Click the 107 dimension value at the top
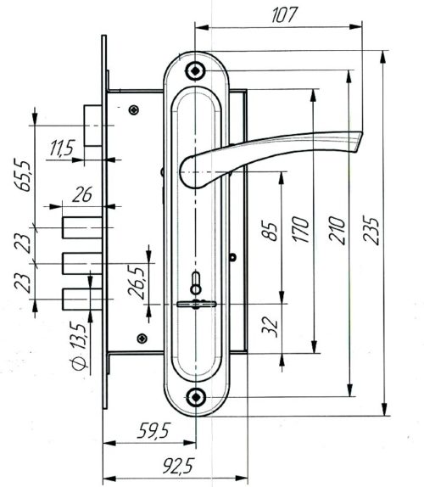pyautogui.click(x=285, y=14)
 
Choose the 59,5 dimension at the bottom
pyautogui.click(x=149, y=432)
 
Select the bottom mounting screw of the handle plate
pyautogui.click(x=197, y=395)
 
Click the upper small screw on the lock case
pyautogui.click(x=133, y=109)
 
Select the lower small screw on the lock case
pyautogui.click(x=133, y=337)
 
